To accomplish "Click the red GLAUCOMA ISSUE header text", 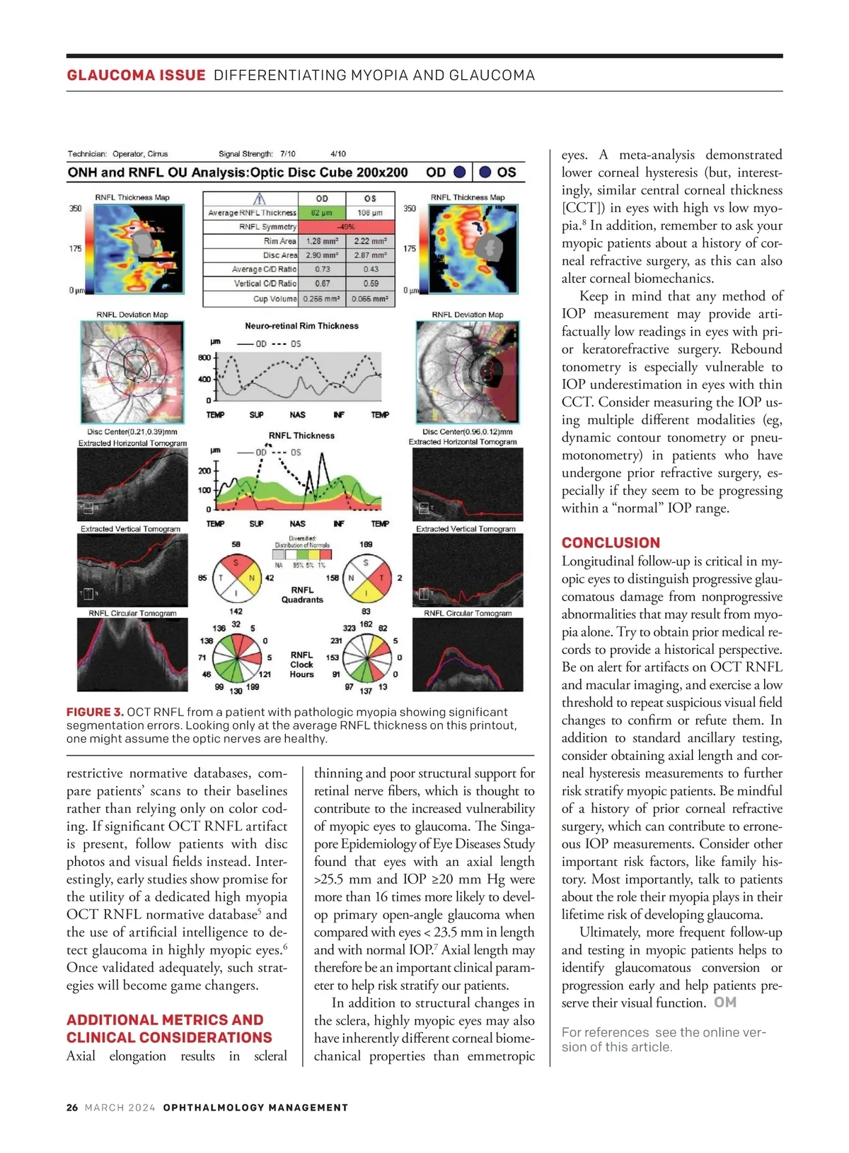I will pos(136,75).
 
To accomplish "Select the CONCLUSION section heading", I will pos(611,543).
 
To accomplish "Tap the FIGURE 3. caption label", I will pos(95,712).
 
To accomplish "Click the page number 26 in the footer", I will pos(72,1108).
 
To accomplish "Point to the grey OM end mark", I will pos(725,1002).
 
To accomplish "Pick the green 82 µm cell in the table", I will pos(321,213).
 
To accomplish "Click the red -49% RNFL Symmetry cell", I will pos(345,227).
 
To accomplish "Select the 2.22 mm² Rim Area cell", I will pos(370,241).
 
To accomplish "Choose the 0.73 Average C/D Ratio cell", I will pos(322,269).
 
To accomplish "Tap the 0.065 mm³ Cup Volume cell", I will pos(370,299).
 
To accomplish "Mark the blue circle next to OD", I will pos(460,172).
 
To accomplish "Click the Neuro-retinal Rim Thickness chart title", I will pos(301,326).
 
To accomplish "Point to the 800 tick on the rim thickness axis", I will pos(204,358).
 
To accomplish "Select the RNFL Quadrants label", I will pos(302,595).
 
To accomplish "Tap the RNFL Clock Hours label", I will pos(301,665).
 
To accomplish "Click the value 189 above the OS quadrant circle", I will pos(366,544).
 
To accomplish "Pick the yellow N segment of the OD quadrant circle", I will pos(250,578).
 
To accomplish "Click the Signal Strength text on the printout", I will pos(246,153).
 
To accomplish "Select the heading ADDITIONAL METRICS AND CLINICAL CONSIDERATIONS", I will pos(169,1029).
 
